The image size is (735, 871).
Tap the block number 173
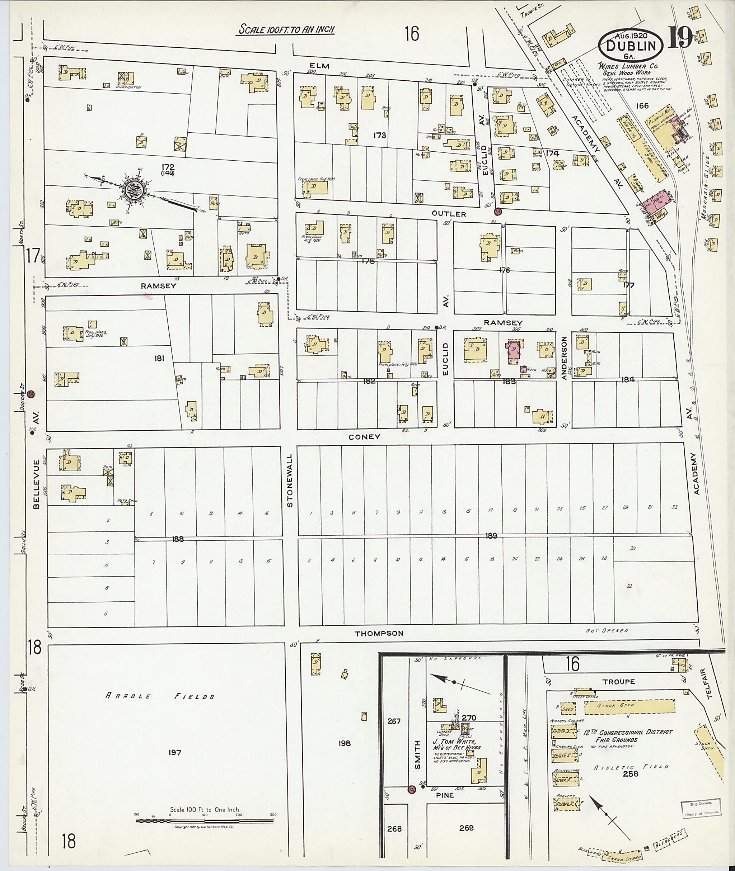380,135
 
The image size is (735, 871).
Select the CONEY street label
364,437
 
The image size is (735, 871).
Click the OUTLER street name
448,214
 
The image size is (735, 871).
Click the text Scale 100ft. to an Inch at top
287,29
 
